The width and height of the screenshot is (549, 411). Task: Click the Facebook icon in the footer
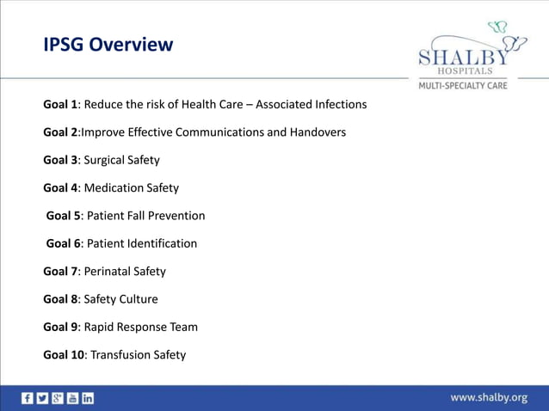point(28,398)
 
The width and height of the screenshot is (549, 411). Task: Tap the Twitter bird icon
point(42,398)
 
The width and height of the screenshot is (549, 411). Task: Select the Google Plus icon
point(57,398)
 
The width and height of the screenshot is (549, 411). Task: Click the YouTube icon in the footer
point(72,398)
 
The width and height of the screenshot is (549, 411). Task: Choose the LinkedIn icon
point(87,398)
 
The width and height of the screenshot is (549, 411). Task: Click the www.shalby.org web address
point(489,397)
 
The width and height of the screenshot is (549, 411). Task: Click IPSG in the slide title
point(64,45)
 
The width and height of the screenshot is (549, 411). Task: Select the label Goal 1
point(60,104)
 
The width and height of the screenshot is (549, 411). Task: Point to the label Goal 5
point(63,216)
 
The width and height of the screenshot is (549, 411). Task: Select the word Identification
point(161,243)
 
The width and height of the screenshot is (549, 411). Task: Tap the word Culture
point(138,299)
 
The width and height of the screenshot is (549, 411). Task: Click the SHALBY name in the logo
point(463,55)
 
